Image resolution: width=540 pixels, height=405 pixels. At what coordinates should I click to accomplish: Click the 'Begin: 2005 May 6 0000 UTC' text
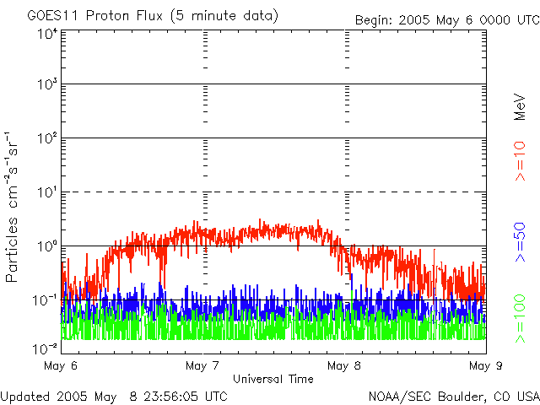coord(445,19)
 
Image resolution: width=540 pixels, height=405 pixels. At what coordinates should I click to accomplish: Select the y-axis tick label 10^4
coord(47,34)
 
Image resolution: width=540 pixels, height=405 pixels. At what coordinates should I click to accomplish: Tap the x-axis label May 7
coord(202,366)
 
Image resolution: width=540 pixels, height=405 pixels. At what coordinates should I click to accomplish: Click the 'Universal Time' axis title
coord(274,378)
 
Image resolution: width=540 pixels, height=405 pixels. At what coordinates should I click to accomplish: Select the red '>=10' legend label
coord(521,161)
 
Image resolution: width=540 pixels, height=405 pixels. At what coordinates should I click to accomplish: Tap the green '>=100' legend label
coord(521,317)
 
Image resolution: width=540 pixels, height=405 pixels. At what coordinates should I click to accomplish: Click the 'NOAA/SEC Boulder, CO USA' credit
coord(453,396)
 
